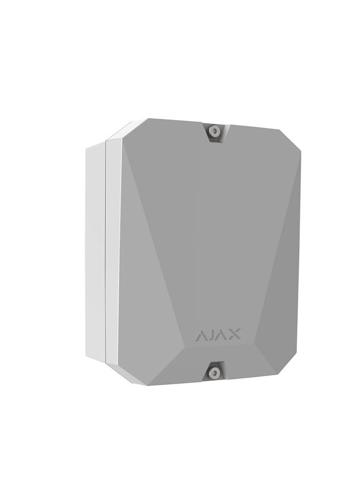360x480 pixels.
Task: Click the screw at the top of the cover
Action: pyautogui.click(x=214, y=130)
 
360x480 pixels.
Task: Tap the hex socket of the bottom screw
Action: pyautogui.click(x=214, y=373)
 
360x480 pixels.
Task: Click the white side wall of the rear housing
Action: pyautogui.click(x=95, y=253)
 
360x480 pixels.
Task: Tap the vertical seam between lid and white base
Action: pyautogui.click(x=106, y=253)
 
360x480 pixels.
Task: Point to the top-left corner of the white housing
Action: pyautogui.click(x=87, y=148)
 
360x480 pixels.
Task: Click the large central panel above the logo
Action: pyautogui.click(x=211, y=225)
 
